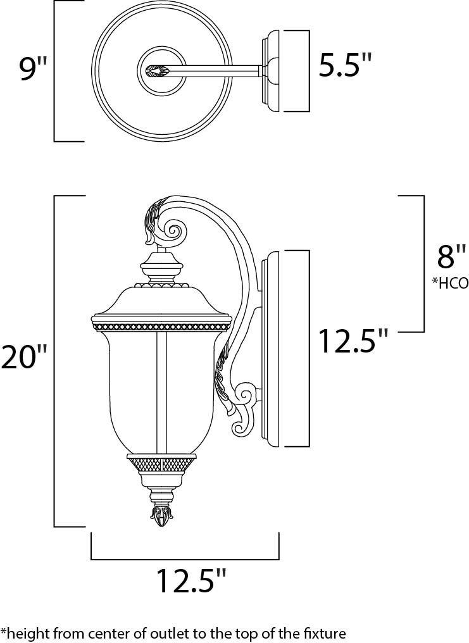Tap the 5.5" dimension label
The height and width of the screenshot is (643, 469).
(x=345, y=66)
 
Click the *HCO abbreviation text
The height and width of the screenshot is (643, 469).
(x=449, y=283)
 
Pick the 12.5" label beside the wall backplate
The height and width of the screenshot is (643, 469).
(x=353, y=342)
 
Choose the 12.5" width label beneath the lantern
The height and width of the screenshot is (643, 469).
(x=191, y=581)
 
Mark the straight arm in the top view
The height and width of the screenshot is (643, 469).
(x=215, y=70)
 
